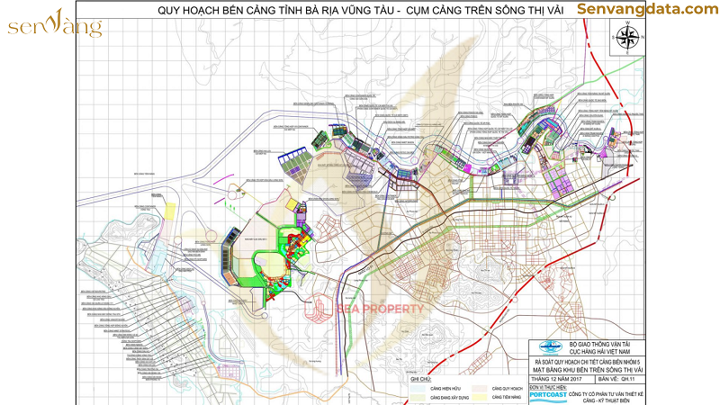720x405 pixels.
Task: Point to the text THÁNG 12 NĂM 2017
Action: click(559, 378)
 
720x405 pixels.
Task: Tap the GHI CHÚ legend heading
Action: click(421, 380)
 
